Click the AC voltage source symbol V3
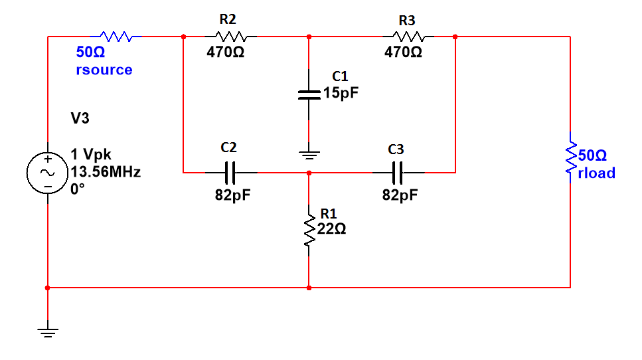pyautogui.click(x=48, y=172)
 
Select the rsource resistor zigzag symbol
pyautogui.click(x=118, y=37)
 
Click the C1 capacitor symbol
pyautogui.click(x=309, y=94)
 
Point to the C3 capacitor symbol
pyautogui.click(x=398, y=173)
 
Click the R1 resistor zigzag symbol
pyautogui.click(x=309, y=230)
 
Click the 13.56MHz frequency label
pyautogui.click(x=106, y=172)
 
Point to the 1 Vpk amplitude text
pyautogui.click(x=91, y=156)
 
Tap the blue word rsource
pyautogui.click(x=104, y=70)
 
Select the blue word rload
pyautogui.click(x=597, y=173)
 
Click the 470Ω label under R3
pyautogui.click(x=403, y=52)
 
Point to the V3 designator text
pyautogui.click(x=80, y=118)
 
